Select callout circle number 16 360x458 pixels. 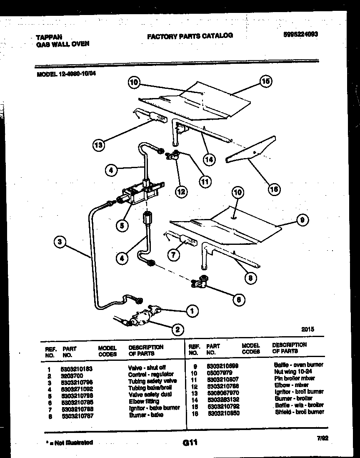pyautogui.click(x=273, y=189)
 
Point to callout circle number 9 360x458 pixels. pyautogui.click(x=303, y=221)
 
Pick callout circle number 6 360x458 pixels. pyautogui.click(x=238, y=299)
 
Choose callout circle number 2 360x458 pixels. pyautogui.click(x=178, y=329)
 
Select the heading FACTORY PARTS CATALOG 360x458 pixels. pyautogui.click(x=190, y=36)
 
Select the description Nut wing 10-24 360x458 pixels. pyautogui.click(x=294, y=371)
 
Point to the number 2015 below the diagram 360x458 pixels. pyautogui.click(x=307, y=329)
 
